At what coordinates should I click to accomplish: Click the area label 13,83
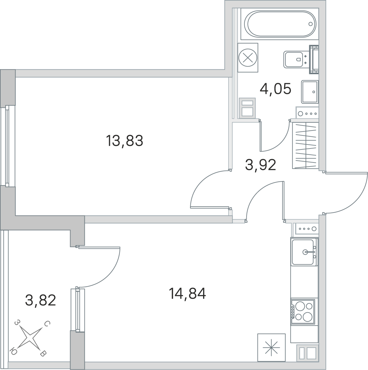(x=125, y=141)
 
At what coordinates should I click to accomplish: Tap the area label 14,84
(x=187, y=294)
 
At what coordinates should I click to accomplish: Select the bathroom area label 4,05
(x=275, y=89)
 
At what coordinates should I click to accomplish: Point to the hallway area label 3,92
(x=261, y=164)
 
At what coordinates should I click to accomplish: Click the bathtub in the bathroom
(x=282, y=24)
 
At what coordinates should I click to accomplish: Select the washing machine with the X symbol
(x=248, y=57)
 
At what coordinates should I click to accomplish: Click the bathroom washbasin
(x=310, y=92)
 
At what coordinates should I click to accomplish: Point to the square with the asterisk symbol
(x=271, y=347)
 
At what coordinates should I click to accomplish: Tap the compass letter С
(x=47, y=323)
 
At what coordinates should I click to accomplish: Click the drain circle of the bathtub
(x=311, y=24)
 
